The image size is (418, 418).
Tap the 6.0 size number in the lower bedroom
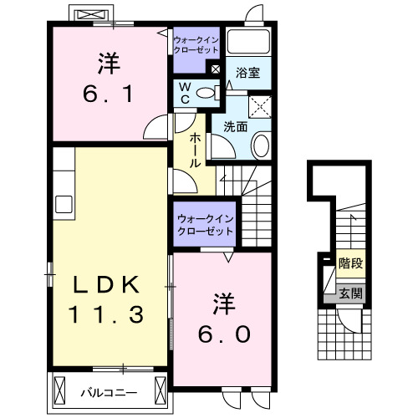coord(225,334)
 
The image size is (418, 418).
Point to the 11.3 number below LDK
coord(105,314)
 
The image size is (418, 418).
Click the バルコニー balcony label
coord(110,390)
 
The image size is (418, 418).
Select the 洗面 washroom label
coord(235,127)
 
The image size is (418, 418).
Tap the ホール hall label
coord(194,150)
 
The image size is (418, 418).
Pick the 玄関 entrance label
coord(349,293)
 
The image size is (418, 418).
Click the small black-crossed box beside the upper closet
coord(216,69)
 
